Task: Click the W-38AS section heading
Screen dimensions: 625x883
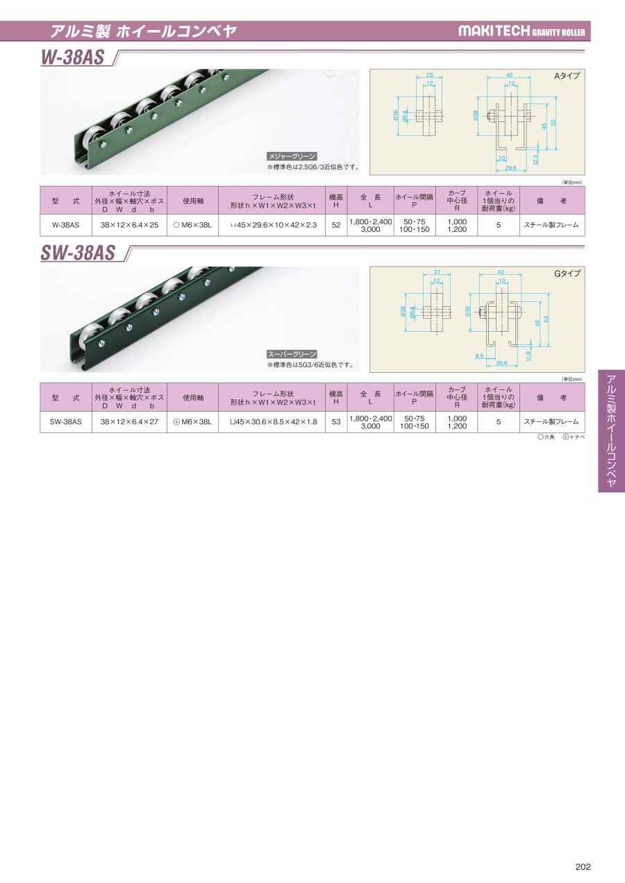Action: (72, 58)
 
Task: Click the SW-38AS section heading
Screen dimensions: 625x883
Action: (78, 253)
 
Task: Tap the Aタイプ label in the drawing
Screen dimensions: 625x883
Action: (567, 76)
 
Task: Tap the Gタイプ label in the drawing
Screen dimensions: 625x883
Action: (567, 274)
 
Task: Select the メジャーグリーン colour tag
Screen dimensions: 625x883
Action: (292, 156)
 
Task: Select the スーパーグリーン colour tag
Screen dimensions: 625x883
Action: (292, 354)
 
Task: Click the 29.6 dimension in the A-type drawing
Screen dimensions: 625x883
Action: (510, 167)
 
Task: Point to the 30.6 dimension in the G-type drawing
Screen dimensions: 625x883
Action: (501, 363)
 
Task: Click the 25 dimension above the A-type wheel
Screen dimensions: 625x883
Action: (429, 75)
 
